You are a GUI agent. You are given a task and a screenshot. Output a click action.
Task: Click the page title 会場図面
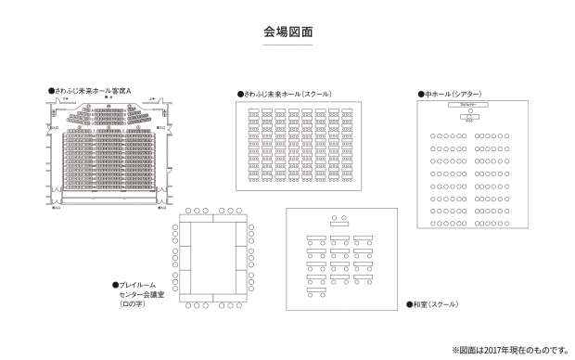[x=287, y=31]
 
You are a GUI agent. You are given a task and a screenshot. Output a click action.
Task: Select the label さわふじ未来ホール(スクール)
[x=287, y=94]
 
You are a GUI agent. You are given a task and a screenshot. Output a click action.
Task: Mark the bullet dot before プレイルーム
[x=114, y=285]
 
